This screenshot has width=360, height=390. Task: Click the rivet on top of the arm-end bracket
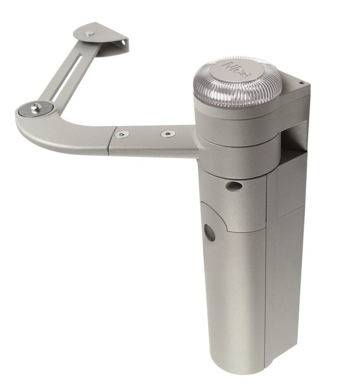(89, 33)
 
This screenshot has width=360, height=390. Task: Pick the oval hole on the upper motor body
(233, 185)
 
